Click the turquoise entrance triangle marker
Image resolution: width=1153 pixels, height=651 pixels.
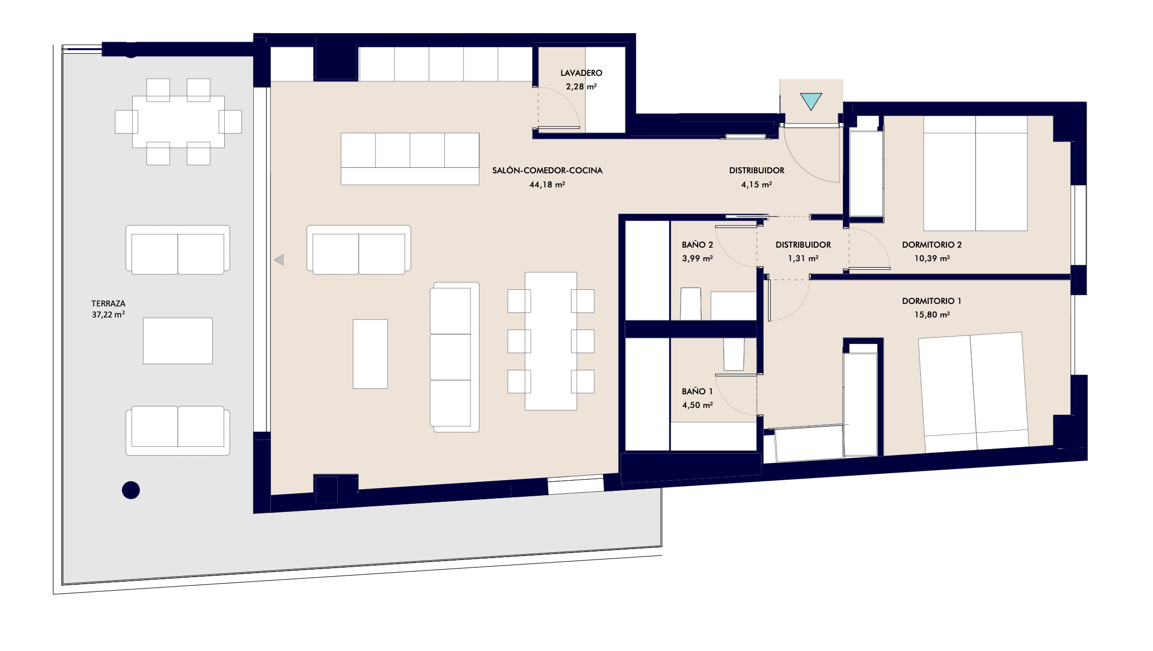pos(811,100)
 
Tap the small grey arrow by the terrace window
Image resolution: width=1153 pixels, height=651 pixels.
pos(279,260)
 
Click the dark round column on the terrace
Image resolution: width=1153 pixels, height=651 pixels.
pos(131,490)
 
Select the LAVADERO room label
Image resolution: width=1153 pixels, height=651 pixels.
pos(581,73)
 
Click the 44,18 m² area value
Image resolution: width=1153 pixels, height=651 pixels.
pos(547,184)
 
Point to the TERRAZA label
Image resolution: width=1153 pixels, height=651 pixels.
pos(108,303)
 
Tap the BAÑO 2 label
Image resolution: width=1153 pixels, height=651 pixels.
pos(697,245)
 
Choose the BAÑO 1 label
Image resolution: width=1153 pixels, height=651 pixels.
pos(697,391)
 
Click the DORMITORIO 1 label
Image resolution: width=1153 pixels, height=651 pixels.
pos(931,301)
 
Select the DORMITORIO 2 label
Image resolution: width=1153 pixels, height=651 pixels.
pos(931,245)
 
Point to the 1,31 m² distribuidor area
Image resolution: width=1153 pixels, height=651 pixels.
pos(803,258)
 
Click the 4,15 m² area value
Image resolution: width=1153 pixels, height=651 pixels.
pos(756,184)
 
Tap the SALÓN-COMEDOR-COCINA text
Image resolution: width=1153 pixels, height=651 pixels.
pos(547,170)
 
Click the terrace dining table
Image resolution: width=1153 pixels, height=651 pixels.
pos(178,122)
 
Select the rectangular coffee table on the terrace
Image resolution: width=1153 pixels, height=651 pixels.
pos(178,341)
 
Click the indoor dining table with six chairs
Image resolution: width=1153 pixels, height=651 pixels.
pos(551,341)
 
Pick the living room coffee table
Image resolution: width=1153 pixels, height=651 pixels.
pos(370,354)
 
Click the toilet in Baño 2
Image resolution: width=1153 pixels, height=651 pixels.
pos(691,304)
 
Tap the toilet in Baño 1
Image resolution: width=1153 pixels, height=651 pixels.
pos(734,354)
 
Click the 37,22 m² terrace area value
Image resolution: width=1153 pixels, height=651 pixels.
pos(108,314)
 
